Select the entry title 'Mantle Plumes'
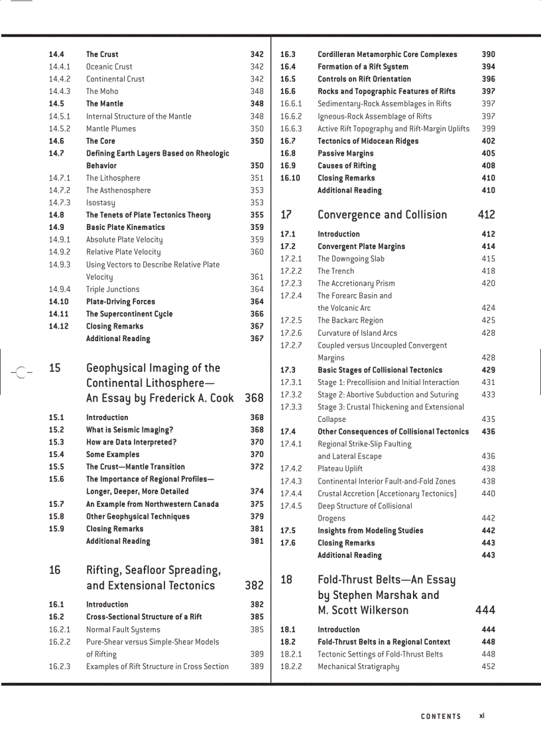[111, 129]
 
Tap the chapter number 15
[54, 368]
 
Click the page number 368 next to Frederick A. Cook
[254, 398]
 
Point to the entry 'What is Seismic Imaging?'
[129, 430]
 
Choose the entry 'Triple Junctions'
[113, 290]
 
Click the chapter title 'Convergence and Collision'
[382, 215]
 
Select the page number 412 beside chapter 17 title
[486, 215]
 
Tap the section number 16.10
[290, 178]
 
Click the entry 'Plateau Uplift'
[340, 468]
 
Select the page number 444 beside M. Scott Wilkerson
[485, 610]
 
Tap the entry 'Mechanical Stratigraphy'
[358, 666]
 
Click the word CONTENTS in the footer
[441, 716]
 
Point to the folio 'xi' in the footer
[482, 716]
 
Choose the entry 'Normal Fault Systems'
[123, 629]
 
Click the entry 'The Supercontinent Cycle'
[129, 314]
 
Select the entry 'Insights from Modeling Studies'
[370, 531]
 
